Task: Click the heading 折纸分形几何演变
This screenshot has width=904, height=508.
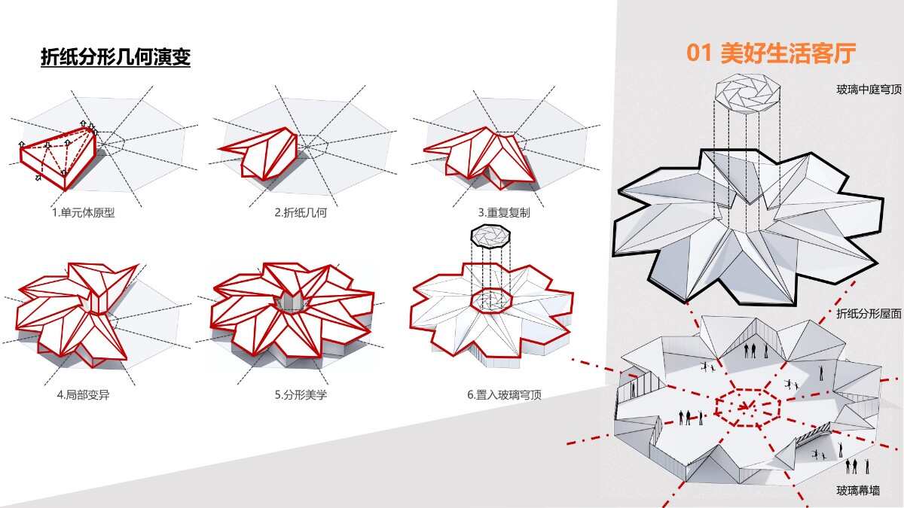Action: pyautogui.click(x=115, y=57)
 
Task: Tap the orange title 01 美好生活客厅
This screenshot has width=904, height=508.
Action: pyautogui.click(x=771, y=53)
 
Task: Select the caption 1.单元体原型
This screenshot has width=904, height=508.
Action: pyautogui.click(x=83, y=213)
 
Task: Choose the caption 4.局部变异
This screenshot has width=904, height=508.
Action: pyautogui.click(x=83, y=394)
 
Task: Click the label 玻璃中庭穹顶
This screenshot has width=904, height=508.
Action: pyautogui.click(x=869, y=90)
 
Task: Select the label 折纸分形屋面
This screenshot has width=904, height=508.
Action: pyautogui.click(x=869, y=314)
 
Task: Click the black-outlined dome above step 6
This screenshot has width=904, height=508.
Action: pyautogui.click(x=491, y=235)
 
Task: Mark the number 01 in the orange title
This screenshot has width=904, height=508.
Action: pyautogui.click(x=700, y=53)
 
